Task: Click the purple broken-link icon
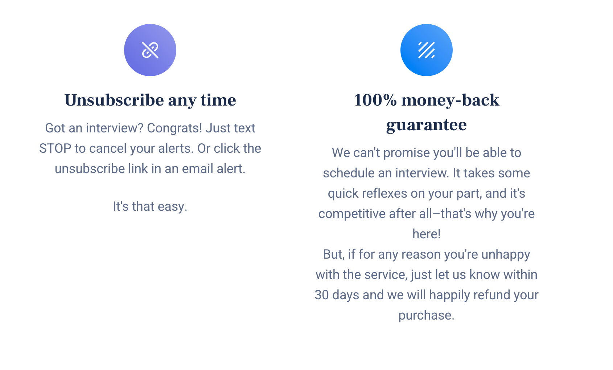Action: coord(150,50)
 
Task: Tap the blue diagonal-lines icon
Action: coord(426,50)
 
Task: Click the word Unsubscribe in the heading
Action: coord(114,100)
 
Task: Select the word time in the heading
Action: coord(218,100)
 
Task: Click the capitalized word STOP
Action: coord(55,149)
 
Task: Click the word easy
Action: coord(172,207)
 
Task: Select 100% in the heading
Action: coord(375,100)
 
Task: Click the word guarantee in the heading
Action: coord(426,125)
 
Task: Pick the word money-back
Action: coord(450,100)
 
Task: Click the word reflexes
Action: coord(384,193)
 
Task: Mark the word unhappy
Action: coord(506,255)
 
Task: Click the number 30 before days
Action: coord(321,295)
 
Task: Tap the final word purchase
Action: coord(426,316)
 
